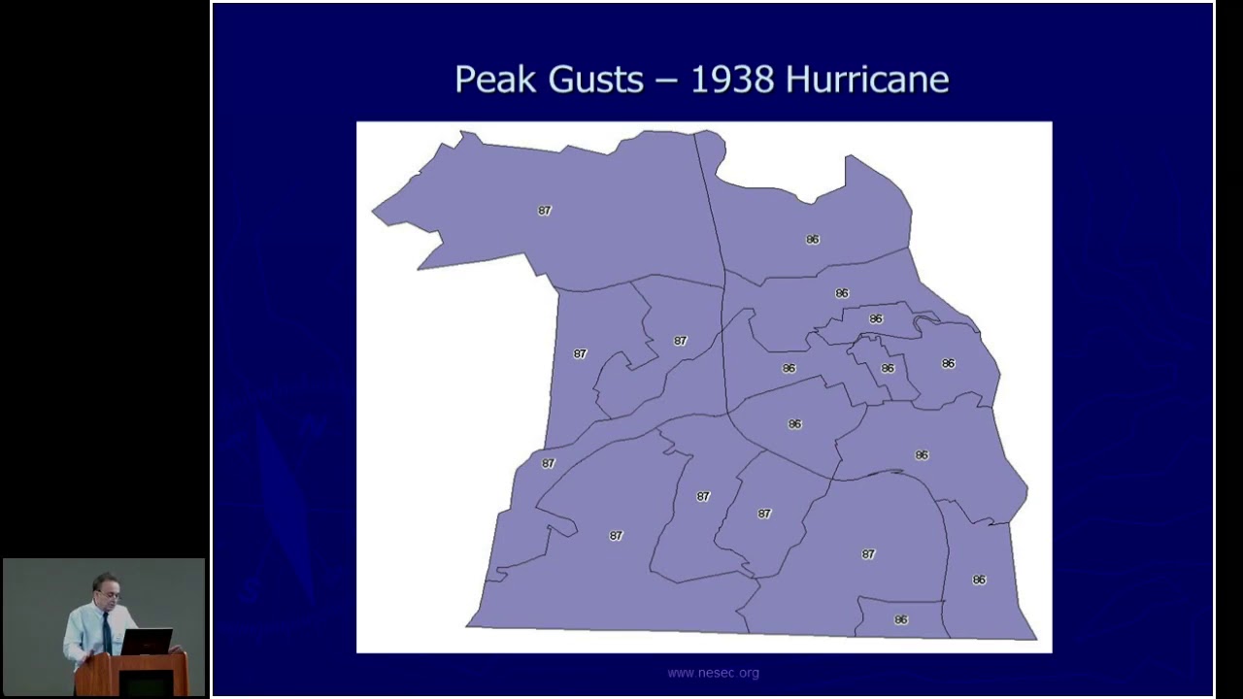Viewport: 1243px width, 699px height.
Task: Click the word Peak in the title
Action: click(x=495, y=80)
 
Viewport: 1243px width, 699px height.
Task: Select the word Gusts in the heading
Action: click(x=595, y=80)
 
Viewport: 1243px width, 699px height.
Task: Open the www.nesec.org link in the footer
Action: click(x=713, y=673)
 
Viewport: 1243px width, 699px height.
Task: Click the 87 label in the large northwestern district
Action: click(x=544, y=211)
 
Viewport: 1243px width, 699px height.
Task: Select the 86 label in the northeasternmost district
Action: click(x=812, y=240)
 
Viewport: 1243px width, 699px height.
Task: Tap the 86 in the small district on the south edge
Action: click(x=900, y=619)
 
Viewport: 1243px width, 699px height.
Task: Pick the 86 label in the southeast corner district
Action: click(x=979, y=580)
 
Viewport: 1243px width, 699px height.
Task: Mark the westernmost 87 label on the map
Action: click(x=548, y=464)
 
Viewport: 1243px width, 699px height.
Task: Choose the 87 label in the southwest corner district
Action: click(x=615, y=536)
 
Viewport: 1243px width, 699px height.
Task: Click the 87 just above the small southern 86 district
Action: click(x=867, y=554)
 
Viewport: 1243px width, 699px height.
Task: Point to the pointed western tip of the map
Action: click(x=374, y=211)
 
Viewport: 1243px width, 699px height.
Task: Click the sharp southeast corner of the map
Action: click(x=1036, y=639)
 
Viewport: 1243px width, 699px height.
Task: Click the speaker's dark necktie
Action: click(x=107, y=631)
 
